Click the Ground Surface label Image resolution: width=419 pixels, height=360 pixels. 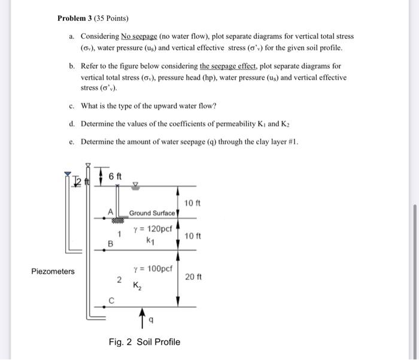point(152,213)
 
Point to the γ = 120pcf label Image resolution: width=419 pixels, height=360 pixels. point(153,229)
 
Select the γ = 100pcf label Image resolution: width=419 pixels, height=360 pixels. point(153,268)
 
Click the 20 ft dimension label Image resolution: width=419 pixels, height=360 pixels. point(195,277)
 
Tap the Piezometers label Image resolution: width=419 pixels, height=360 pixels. point(53,271)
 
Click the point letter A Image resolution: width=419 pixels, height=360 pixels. point(110,211)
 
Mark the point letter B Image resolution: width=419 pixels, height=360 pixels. point(110,243)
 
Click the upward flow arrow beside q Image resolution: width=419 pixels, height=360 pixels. point(142,317)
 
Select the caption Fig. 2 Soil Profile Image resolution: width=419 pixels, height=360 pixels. point(144,342)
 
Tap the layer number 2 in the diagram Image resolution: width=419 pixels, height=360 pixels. point(119,280)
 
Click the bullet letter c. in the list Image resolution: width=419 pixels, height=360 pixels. point(71,106)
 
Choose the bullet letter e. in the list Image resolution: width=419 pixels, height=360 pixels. point(71,141)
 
